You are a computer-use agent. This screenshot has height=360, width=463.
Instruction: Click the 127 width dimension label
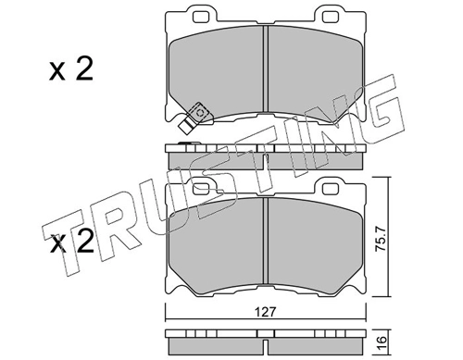(x=266, y=312)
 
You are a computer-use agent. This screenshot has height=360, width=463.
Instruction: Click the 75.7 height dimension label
(x=381, y=238)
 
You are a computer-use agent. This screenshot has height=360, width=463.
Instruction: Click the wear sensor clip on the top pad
(x=194, y=118)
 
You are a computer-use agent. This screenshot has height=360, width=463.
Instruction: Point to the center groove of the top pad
(x=266, y=68)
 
